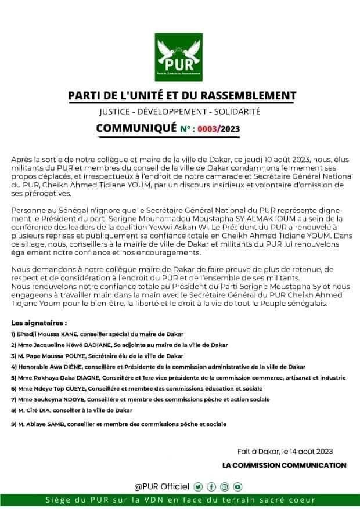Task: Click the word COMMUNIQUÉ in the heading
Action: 136,127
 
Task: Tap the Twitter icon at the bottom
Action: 199,486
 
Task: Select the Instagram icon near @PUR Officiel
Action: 225,486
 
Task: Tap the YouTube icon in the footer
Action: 237,486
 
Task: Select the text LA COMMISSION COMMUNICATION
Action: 285,465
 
